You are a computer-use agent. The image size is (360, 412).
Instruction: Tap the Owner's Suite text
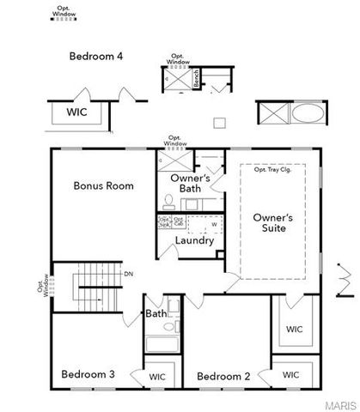click(272, 223)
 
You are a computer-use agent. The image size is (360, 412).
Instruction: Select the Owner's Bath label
click(185, 184)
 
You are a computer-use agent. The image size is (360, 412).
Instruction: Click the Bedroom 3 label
click(88, 374)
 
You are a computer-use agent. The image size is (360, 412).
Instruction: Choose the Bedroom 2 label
click(223, 376)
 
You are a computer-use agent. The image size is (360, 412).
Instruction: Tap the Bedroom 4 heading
click(95, 56)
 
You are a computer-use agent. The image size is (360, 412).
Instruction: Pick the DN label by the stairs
click(129, 274)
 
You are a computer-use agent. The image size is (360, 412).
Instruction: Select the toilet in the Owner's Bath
click(169, 203)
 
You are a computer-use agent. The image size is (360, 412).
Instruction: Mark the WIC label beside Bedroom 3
click(157, 376)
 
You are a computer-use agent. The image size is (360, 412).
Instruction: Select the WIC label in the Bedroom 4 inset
click(76, 112)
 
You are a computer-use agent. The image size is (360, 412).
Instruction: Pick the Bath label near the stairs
click(156, 314)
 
